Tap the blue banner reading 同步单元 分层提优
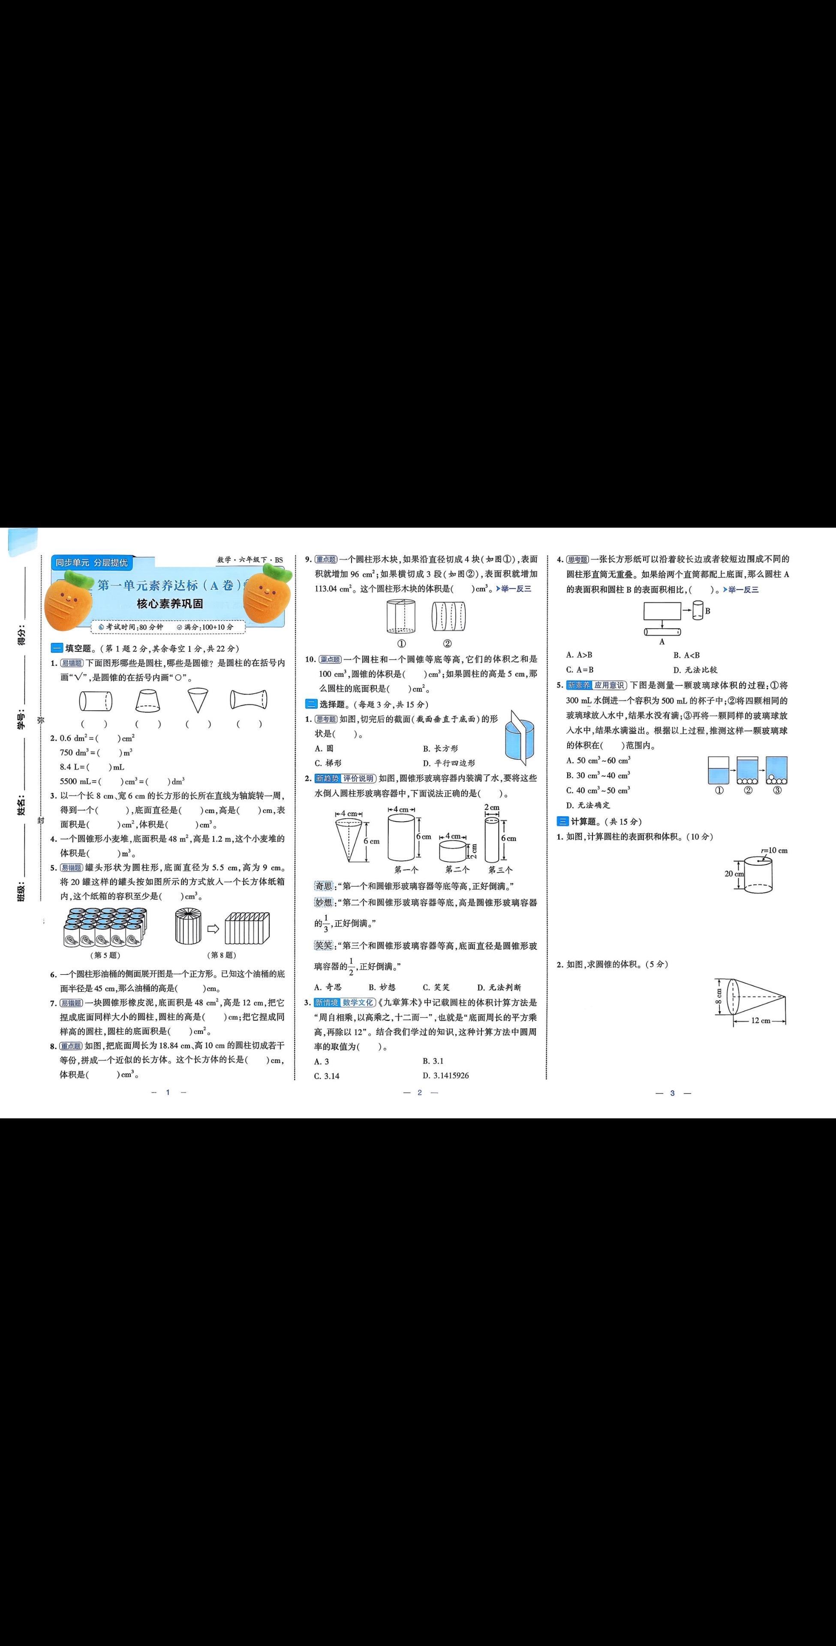pyautogui.click(x=91, y=562)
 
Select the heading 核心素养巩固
pyautogui.click(x=170, y=603)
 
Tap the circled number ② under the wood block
pyautogui.click(x=448, y=643)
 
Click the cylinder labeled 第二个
pyautogui.click(x=454, y=850)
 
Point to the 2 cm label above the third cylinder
pyautogui.click(x=491, y=808)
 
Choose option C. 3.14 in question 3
pyautogui.click(x=327, y=1076)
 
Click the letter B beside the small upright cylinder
pyautogui.click(x=707, y=611)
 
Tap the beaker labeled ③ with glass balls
pyautogui.click(x=776, y=771)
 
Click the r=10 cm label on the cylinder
pyautogui.click(x=775, y=850)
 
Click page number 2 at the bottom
pyautogui.click(x=420, y=1093)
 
